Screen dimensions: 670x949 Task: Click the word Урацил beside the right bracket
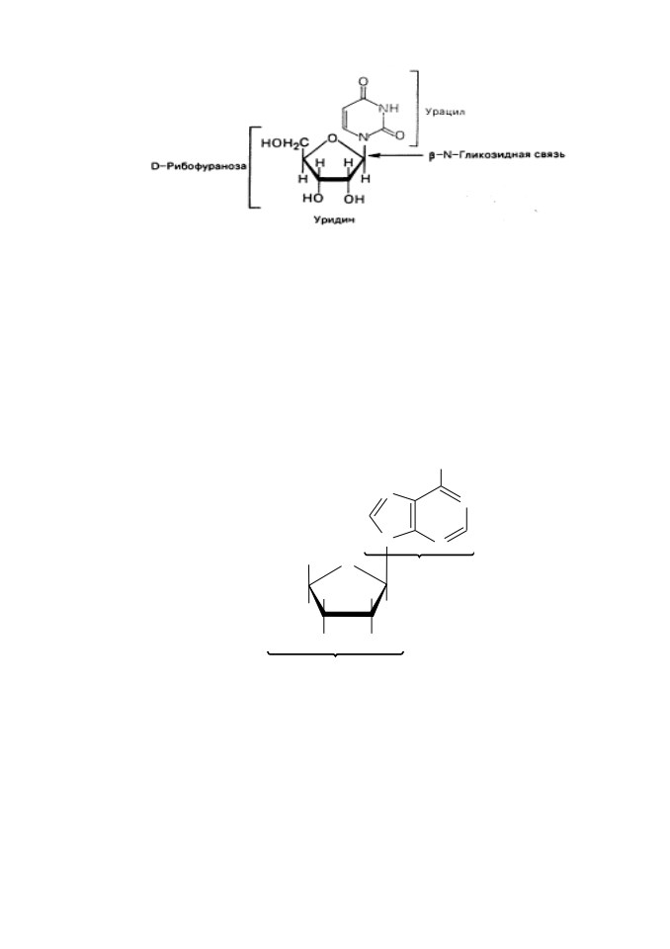(445, 112)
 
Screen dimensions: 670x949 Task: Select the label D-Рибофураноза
(198, 166)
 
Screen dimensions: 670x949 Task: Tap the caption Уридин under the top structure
(334, 219)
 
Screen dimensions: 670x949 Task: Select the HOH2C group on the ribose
(284, 143)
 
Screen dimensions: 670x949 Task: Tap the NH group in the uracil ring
(388, 109)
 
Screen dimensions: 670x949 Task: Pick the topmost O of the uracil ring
(363, 81)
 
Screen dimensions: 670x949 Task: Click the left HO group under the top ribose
(312, 199)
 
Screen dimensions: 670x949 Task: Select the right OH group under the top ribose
(355, 199)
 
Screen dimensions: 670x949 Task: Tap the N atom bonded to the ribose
(364, 137)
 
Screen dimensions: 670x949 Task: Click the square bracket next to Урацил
(416, 109)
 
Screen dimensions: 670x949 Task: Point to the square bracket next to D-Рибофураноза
(251, 168)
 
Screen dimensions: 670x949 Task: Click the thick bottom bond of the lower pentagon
(348, 614)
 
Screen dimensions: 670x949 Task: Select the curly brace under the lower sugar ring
(335, 654)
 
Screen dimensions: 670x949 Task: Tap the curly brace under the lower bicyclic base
(419, 555)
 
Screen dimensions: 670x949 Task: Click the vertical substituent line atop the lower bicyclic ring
(441, 478)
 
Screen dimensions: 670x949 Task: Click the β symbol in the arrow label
(432, 155)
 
